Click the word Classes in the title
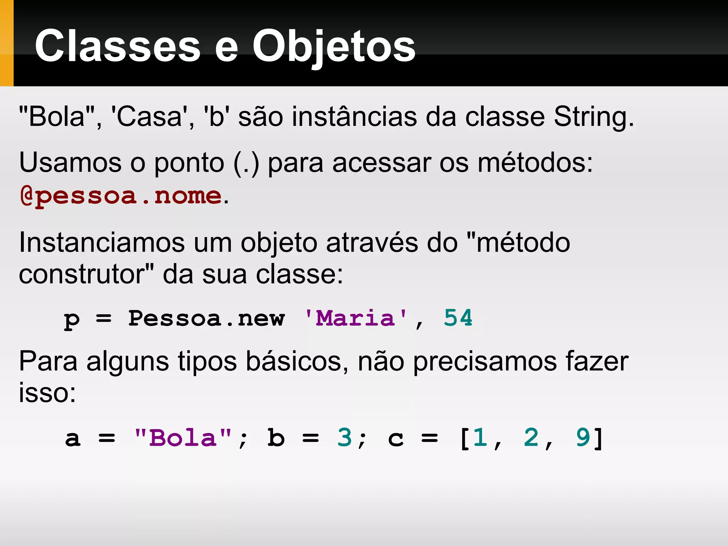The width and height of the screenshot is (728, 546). click(x=117, y=45)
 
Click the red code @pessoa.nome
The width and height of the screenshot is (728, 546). click(x=121, y=196)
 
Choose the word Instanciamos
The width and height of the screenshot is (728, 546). click(x=102, y=243)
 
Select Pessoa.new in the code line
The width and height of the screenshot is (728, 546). click(x=206, y=318)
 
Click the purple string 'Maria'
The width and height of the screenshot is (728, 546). click(x=355, y=318)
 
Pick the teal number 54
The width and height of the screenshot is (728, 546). click(x=458, y=317)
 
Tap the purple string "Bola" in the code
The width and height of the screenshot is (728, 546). click(x=183, y=438)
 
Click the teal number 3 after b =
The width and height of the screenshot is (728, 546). click(x=344, y=437)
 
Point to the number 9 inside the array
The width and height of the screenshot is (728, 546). click(x=583, y=437)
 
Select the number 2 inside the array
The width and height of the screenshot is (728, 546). click(x=531, y=437)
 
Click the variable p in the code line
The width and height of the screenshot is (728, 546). click(x=72, y=319)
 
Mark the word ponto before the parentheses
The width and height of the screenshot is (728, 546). click(x=189, y=163)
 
